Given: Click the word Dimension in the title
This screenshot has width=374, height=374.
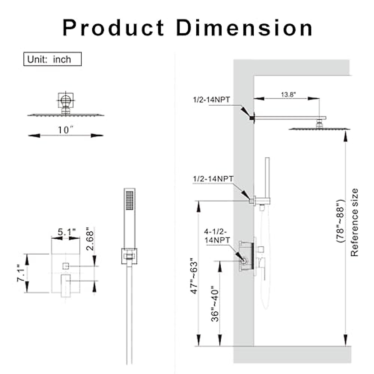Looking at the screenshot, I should pyautogui.click(x=244, y=28).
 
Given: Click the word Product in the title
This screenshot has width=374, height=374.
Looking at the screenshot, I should pyautogui.click(x=113, y=28).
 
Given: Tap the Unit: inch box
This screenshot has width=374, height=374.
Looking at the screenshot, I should pyautogui.click(x=52, y=59).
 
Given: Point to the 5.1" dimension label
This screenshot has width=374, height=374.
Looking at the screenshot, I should pyautogui.click(x=67, y=232).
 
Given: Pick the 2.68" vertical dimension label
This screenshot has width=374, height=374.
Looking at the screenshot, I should pyautogui.click(x=90, y=240).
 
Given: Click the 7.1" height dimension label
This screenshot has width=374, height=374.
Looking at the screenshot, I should pyautogui.click(x=21, y=273).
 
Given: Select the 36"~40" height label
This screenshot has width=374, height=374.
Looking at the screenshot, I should pyautogui.click(x=215, y=304).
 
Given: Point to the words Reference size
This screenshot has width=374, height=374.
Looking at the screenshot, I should pyautogui.click(x=354, y=222).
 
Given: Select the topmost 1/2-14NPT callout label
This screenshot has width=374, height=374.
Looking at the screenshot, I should pyautogui.click(x=211, y=100).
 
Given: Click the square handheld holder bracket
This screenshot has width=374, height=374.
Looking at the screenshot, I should pyautogui.click(x=129, y=256).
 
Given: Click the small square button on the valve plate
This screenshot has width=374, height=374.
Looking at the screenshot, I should pyautogui.click(x=65, y=266).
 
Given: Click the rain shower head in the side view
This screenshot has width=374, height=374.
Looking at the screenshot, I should pyautogui.click(x=319, y=128).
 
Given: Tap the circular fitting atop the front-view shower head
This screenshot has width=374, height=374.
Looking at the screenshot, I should pyautogui.click(x=65, y=100).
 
